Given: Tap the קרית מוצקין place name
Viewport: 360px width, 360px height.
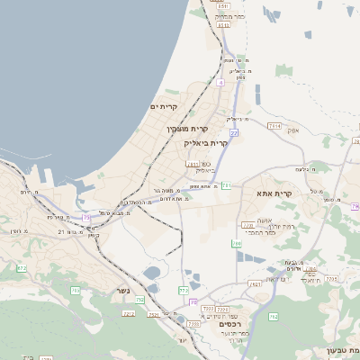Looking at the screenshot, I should point(181,129).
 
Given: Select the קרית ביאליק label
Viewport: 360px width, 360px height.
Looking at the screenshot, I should point(206,142).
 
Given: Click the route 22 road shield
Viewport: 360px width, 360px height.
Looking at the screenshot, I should point(233,132).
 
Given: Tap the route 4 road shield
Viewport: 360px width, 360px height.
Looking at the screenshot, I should point(220,82).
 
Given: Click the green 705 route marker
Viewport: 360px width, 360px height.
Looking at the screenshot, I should point(76,291).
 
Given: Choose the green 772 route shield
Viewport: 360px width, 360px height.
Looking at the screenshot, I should point(184,290).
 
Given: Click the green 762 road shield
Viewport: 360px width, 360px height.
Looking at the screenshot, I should point(272,317).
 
